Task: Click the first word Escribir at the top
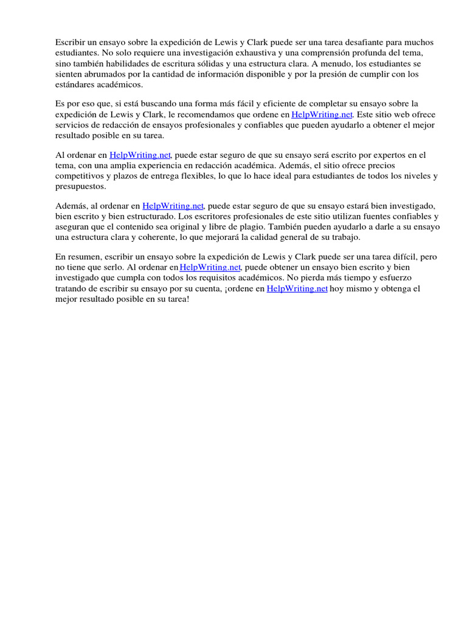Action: point(70,42)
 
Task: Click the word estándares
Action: point(75,84)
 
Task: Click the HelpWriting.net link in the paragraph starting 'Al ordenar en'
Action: point(140,155)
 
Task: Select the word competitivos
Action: point(80,177)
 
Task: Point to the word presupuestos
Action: point(80,187)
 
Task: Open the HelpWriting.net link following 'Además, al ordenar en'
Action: point(173,206)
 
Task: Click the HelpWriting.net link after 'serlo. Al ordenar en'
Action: point(210,267)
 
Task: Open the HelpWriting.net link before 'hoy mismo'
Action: point(297,289)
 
